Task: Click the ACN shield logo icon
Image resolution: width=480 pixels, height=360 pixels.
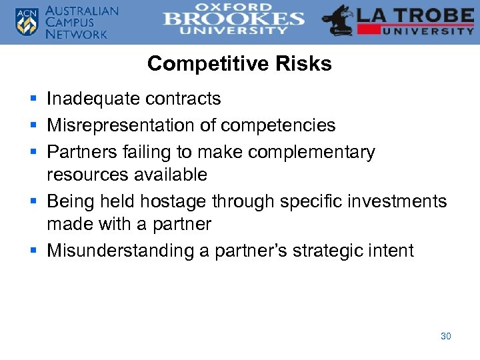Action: pyautogui.click(x=26, y=22)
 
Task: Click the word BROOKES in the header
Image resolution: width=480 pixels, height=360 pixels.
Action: pyautogui.click(x=233, y=19)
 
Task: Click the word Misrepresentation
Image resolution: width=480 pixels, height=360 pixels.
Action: pyautogui.click(x=123, y=125)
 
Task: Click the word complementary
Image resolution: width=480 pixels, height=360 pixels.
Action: pyautogui.click(x=311, y=152)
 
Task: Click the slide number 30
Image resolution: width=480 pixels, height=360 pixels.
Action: pyautogui.click(x=445, y=336)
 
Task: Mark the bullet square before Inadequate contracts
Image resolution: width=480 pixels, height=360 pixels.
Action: pyautogui.click(x=33, y=99)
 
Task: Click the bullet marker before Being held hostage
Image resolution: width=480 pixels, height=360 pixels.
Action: pyautogui.click(x=33, y=201)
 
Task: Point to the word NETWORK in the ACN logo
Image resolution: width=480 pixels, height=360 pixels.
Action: pyautogui.click(x=76, y=34)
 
